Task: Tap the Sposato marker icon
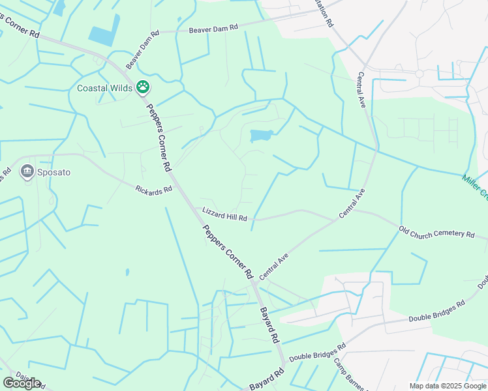click(x=27, y=172)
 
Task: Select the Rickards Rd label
click(x=153, y=190)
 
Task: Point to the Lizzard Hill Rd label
click(x=225, y=214)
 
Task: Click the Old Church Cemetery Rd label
click(x=436, y=233)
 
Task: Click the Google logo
click(x=22, y=383)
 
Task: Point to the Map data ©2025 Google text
click(x=447, y=385)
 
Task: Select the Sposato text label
click(x=53, y=173)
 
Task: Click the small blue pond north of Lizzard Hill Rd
click(x=261, y=136)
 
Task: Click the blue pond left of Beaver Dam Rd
click(x=104, y=30)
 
